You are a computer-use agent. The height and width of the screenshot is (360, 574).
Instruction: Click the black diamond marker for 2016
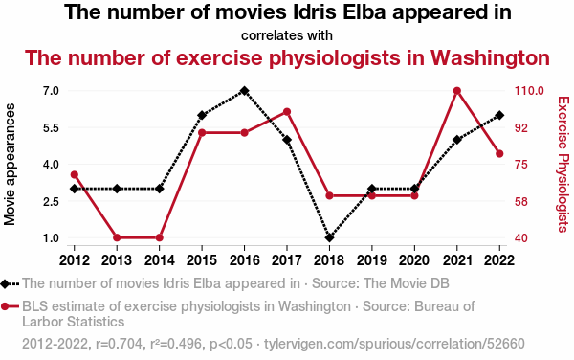click(x=244, y=90)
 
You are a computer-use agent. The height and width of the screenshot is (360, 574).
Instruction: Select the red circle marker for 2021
click(x=457, y=90)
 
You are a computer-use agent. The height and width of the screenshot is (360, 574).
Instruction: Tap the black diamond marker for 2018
click(x=329, y=237)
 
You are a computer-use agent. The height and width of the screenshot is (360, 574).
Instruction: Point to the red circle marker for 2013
click(x=117, y=237)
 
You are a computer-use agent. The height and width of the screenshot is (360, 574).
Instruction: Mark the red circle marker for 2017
click(x=287, y=112)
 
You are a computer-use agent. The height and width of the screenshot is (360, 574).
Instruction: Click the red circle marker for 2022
click(x=499, y=153)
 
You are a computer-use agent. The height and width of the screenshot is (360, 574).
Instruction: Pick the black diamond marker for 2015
click(x=202, y=115)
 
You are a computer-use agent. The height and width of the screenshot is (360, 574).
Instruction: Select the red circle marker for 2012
click(x=75, y=174)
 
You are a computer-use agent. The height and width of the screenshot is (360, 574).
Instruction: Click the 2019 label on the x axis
click(x=372, y=260)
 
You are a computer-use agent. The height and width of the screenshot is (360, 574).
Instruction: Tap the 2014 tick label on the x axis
click(x=159, y=260)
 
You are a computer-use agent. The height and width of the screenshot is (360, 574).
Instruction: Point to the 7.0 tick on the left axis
click(x=51, y=90)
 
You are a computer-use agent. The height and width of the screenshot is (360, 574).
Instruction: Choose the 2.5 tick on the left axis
click(x=51, y=201)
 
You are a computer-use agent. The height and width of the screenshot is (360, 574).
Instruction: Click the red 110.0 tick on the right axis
click(x=529, y=90)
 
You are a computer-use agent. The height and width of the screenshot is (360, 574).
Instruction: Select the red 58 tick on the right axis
click(x=521, y=201)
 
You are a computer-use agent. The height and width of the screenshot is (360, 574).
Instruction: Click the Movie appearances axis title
click(x=10, y=164)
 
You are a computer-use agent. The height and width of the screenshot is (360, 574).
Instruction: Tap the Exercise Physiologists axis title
click(x=563, y=164)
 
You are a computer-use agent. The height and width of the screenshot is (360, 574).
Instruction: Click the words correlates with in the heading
click(x=287, y=35)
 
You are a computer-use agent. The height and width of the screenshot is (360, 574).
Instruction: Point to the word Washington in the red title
click(x=490, y=57)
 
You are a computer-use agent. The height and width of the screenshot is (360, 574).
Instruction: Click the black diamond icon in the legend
click(x=5, y=283)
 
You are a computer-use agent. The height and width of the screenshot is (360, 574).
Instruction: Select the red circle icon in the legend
click(x=5, y=306)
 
